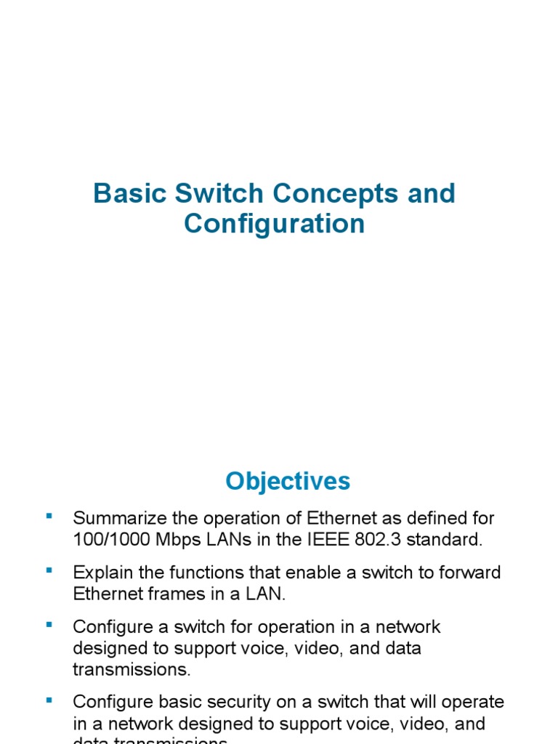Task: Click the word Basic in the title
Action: coord(125,194)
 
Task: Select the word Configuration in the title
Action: coord(274,224)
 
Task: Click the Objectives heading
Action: coord(288,481)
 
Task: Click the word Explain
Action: coord(99,573)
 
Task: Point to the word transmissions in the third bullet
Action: coord(124,669)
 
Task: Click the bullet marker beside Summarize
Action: coord(49,517)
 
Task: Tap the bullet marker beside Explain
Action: coord(49,570)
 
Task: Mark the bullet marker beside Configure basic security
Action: coord(49,700)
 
